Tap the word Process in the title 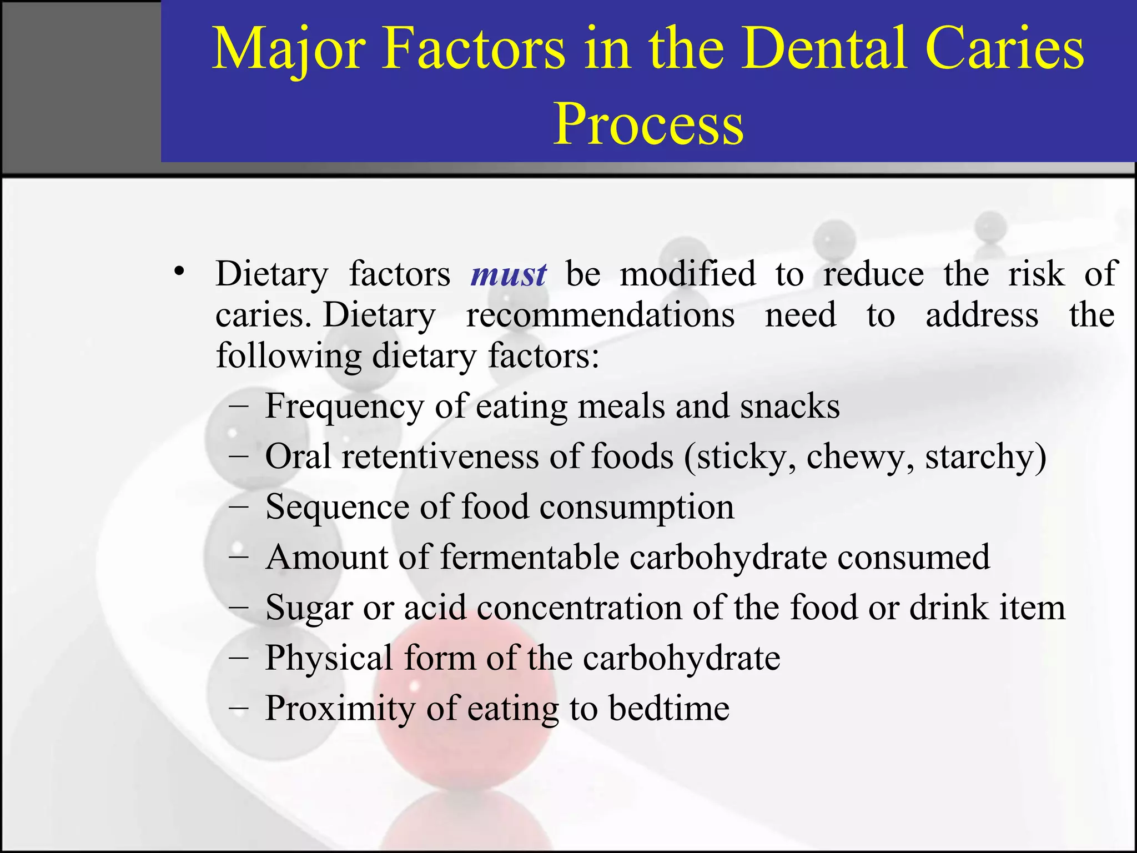coord(648,125)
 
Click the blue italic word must coord(509,274)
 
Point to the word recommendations coord(600,315)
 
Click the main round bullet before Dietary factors coord(178,272)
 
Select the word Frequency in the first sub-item coord(344,407)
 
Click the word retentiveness coord(440,456)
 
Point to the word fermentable coord(530,557)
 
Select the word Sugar coord(309,608)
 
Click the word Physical coord(329,658)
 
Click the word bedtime coord(668,708)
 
